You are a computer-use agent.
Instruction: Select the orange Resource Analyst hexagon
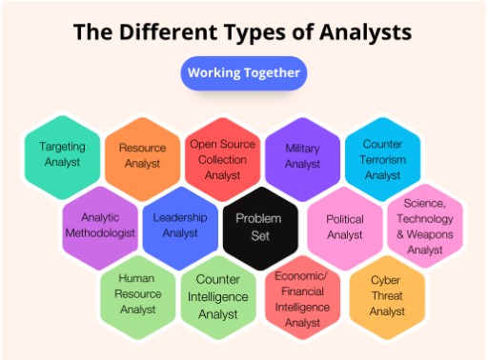point(141,155)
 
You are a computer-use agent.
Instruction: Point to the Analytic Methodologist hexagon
point(100,226)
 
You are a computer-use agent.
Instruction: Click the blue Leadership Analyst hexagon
point(181,226)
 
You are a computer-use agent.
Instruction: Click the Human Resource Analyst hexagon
point(138,294)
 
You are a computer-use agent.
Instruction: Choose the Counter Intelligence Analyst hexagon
point(219,296)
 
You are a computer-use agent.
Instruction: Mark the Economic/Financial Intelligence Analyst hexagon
point(302,296)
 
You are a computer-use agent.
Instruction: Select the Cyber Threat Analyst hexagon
point(385,294)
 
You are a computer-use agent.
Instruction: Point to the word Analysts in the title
point(366,31)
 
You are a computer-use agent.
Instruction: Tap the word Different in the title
point(179,31)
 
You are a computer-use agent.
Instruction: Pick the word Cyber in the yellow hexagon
point(385,282)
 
